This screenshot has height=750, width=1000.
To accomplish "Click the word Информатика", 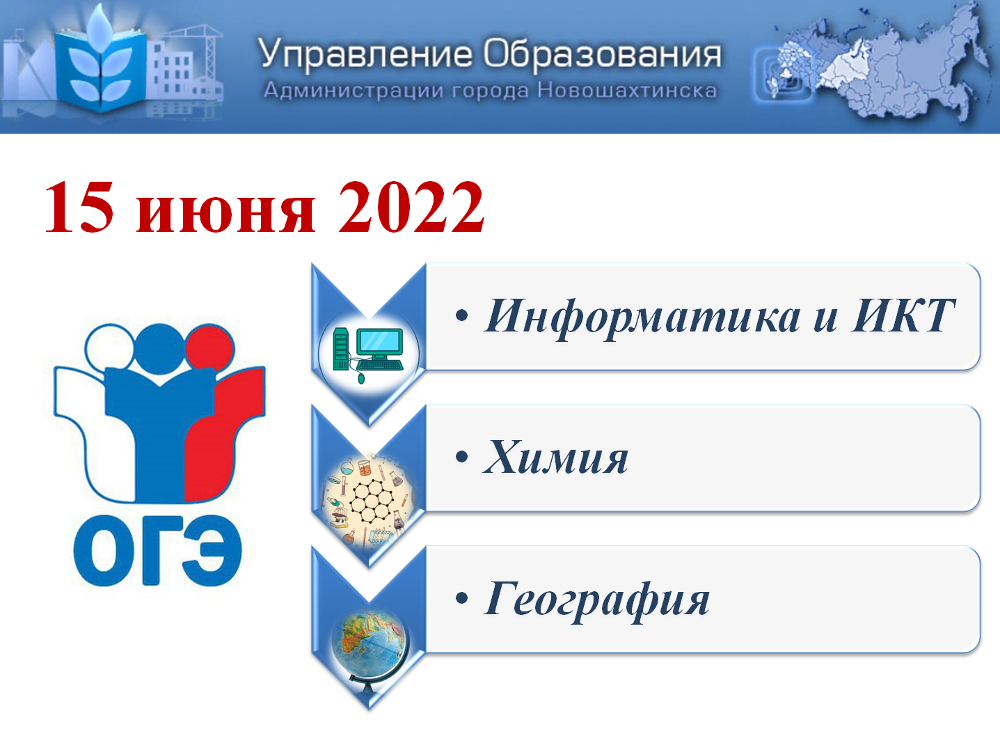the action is [x=642, y=318].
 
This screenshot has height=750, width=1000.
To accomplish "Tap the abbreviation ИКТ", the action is [x=903, y=315].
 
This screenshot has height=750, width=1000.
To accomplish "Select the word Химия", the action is [x=556, y=457].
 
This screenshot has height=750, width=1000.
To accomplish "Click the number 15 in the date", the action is [x=79, y=207].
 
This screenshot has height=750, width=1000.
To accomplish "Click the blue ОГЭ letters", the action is [x=157, y=550].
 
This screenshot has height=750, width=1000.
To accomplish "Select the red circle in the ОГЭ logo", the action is [x=210, y=349].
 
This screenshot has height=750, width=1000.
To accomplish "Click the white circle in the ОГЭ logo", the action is [x=109, y=349].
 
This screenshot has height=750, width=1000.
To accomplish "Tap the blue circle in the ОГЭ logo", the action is [x=159, y=349].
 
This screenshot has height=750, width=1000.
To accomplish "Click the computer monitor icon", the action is [x=379, y=343].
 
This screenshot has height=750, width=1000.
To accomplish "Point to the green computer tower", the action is [x=340, y=349].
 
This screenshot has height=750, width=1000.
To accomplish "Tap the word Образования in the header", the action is [x=602, y=54].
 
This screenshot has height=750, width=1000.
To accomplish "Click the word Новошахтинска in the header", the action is [x=627, y=91].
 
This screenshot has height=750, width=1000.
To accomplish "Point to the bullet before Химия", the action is [x=461, y=457].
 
